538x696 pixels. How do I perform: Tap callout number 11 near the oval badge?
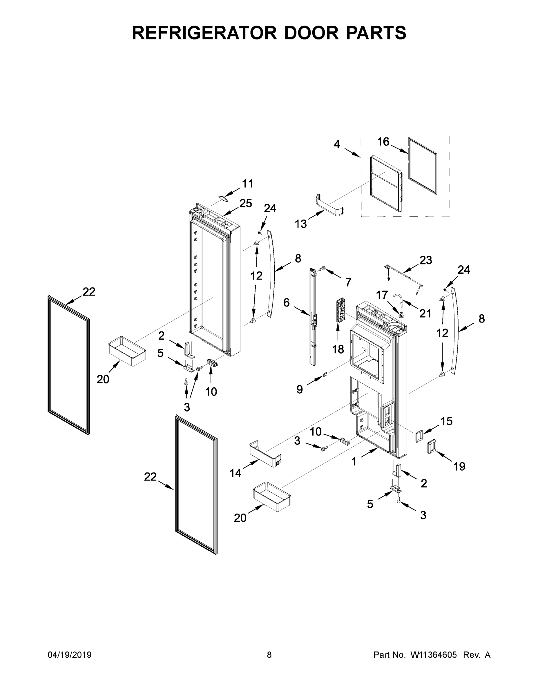248,184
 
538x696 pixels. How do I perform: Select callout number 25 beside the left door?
245,203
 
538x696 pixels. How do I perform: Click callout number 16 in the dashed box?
383,142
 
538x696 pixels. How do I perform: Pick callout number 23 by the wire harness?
425,260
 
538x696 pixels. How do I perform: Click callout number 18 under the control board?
338,349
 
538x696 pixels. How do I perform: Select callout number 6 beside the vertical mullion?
287,302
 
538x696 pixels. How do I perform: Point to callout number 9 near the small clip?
300,389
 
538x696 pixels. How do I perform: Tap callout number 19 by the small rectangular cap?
459,467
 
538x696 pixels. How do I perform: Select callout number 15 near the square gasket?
447,421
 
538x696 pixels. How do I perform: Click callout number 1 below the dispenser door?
354,461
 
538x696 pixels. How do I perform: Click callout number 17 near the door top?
382,295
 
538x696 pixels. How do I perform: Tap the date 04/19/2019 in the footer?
70,655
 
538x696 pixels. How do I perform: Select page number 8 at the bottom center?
269,655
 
